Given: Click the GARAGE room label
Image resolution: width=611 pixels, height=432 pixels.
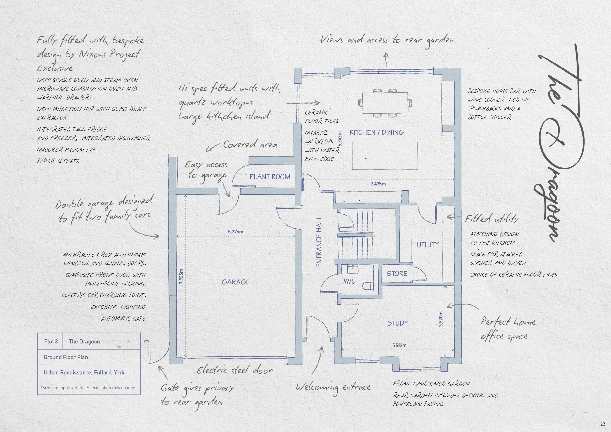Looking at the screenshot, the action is pyautogui.click(x=236, y=282).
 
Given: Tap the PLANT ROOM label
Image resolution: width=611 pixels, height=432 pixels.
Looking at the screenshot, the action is pyautogui.click(x=269, y=177).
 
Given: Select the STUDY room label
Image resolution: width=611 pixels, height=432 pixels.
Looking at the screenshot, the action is pyautogui.click(x=398, y=323).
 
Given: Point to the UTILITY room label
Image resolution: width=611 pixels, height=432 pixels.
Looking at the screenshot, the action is pyautogui.click(x=428, y=245).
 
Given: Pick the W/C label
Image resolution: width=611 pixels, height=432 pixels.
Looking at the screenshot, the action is pyautogui.click(x=350, y=281).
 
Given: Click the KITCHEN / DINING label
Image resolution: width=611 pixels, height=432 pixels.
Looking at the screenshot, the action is pyautogui.click(x=377, y=132).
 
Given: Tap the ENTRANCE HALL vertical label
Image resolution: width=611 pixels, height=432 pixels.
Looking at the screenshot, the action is pyautogui.click(x=319, y=242).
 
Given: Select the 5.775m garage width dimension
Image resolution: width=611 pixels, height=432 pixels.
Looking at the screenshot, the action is pyautogui.click(x=236, y=232).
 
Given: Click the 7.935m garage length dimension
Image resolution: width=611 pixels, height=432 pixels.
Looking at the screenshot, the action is pyautogui.click(x=181, y=277).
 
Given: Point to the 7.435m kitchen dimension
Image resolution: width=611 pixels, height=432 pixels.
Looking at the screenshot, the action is pyautogui.click(x=378, y=184).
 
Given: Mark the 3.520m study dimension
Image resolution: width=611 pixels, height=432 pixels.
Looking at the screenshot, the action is pyautogui.click(x=441, y=319).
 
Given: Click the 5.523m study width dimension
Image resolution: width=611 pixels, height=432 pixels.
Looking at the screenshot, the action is pyautogui.click(x=399, y=346).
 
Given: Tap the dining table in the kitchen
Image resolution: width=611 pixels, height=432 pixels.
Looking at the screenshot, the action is pyautogui.click(x=385, y=103).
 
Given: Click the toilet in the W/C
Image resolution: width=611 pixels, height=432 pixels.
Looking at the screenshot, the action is pyautogui.click(x=368, y=286).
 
